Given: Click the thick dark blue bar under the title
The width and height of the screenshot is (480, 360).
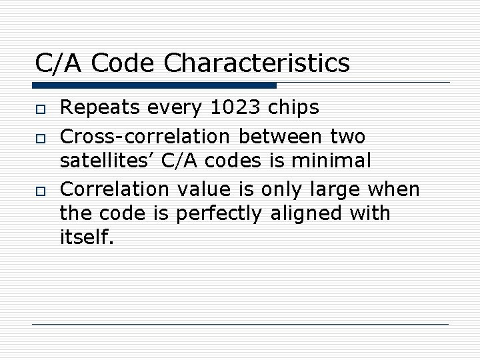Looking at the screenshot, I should pos(153,85).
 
